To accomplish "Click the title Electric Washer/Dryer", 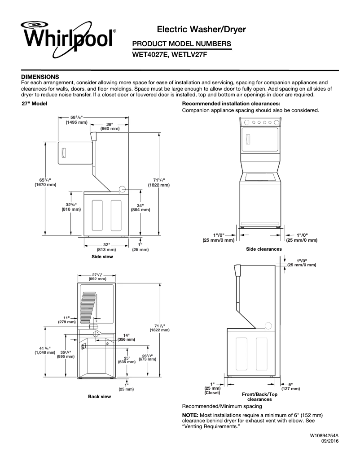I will (202, 30).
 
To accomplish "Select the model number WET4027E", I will (150, 56).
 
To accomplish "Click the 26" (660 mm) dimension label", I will (109, 126).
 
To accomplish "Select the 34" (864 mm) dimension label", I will (140, 207).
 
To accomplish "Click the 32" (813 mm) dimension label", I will (106, 247).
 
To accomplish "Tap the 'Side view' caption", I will (102, 257).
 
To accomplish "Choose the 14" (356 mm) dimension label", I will (126, 337).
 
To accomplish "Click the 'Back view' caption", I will (99, 396).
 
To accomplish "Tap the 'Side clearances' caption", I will (264, 249).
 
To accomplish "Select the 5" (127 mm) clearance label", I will (291, 387).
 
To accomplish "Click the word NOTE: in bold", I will (191, 415).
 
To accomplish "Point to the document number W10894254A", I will (324, 435).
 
